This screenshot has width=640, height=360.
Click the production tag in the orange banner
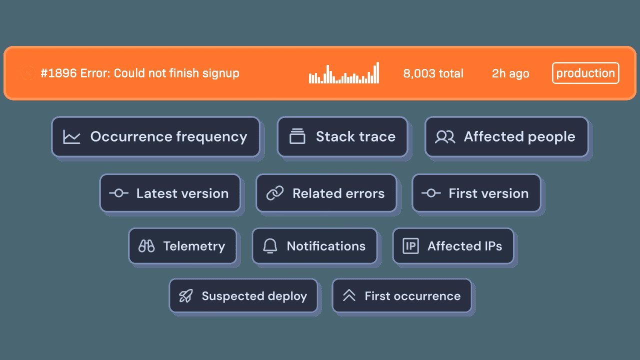(585, 73)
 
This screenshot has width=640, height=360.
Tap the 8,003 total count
(433, 73)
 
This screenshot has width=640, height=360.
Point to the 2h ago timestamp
(510, 73)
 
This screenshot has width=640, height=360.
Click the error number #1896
(58, 73)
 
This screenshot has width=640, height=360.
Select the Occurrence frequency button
(155, 137)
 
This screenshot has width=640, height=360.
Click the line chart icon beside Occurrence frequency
(71, 137)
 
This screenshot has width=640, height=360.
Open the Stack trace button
(342, 137)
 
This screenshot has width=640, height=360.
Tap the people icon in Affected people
(444, 137)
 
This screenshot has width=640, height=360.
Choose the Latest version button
(170, 193)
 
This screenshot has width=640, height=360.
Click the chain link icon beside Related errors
(274, 193)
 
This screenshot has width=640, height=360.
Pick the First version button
(476, 193)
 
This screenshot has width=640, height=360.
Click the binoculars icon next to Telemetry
(146, 246)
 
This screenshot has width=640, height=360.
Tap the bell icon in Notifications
(270, 246)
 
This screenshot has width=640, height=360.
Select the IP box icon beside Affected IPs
(410, 246)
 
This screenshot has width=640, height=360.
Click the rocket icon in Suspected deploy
(186, 296)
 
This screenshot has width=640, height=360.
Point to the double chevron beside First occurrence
(349, 296)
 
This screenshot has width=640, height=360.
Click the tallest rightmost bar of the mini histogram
(377, 73)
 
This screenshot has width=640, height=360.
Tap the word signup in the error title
(220, 73)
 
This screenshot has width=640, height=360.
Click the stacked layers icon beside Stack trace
(297, 137)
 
